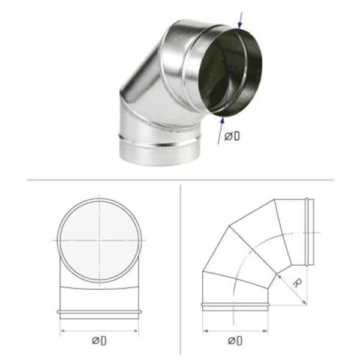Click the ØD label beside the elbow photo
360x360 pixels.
coord(232,136)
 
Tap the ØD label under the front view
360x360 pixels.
coord(99,341)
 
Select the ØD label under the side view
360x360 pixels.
coord(235,341)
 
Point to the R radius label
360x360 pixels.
coord(298,283)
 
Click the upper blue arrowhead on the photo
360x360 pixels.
coord(239,25)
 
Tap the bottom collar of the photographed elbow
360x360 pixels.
coord(160,152)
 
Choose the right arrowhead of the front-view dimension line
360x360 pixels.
coord(136,331)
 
